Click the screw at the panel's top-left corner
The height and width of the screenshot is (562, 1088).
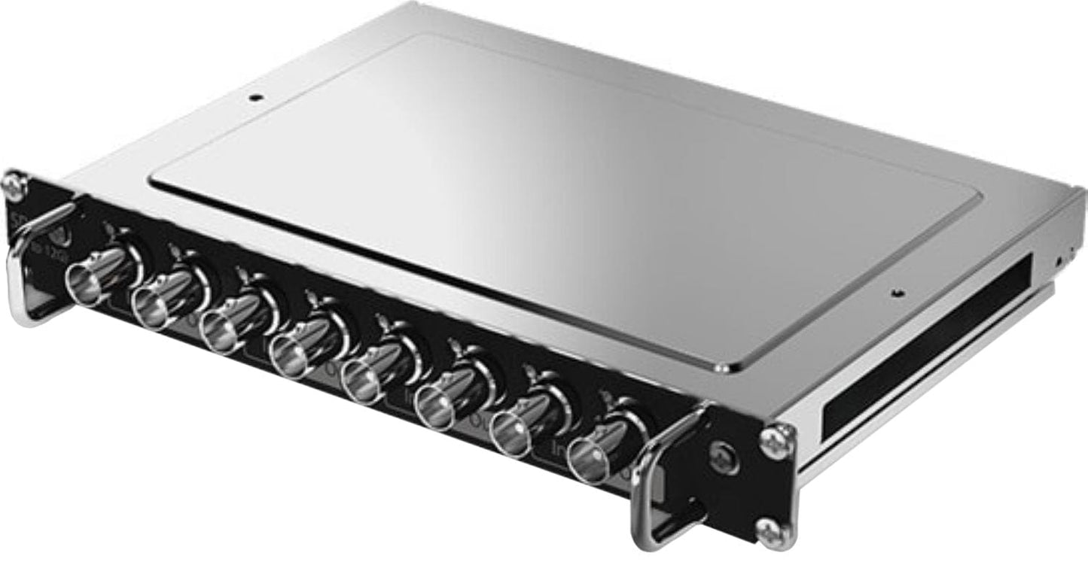pyautogui.click(x=14, y=184)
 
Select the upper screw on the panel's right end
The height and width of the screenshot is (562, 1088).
pyautogui.click(x=777, y=440)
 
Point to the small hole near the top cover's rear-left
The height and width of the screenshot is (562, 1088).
pyautogui.click(x=256, y=97)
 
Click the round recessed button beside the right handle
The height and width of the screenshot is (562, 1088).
pyautogui.click(x=722, y=457)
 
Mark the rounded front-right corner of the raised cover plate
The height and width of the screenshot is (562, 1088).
pyautogui.click(x=721, y=368)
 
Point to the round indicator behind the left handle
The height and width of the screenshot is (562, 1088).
pyautogui.click(x=63, y=235)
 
